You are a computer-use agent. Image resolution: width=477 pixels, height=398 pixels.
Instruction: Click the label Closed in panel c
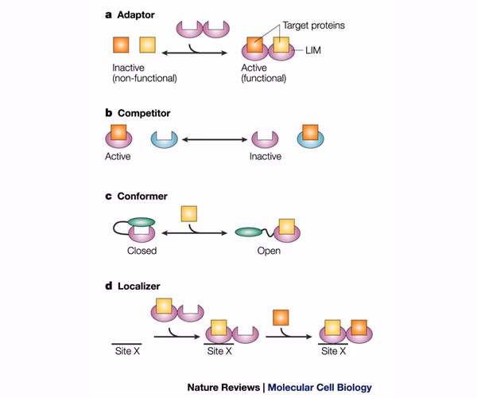tap(142, 251)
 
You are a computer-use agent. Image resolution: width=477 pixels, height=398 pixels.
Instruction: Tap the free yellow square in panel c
tap(188, 213)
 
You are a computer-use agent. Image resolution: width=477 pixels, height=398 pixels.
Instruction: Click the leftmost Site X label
tap(125, 349)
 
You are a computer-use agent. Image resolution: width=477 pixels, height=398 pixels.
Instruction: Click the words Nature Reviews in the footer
tap(223, 388)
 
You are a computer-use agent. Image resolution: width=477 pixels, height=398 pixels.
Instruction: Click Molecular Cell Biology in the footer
tap(319, 388)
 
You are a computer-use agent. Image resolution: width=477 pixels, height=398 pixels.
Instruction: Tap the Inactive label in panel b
tap(266, 156)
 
